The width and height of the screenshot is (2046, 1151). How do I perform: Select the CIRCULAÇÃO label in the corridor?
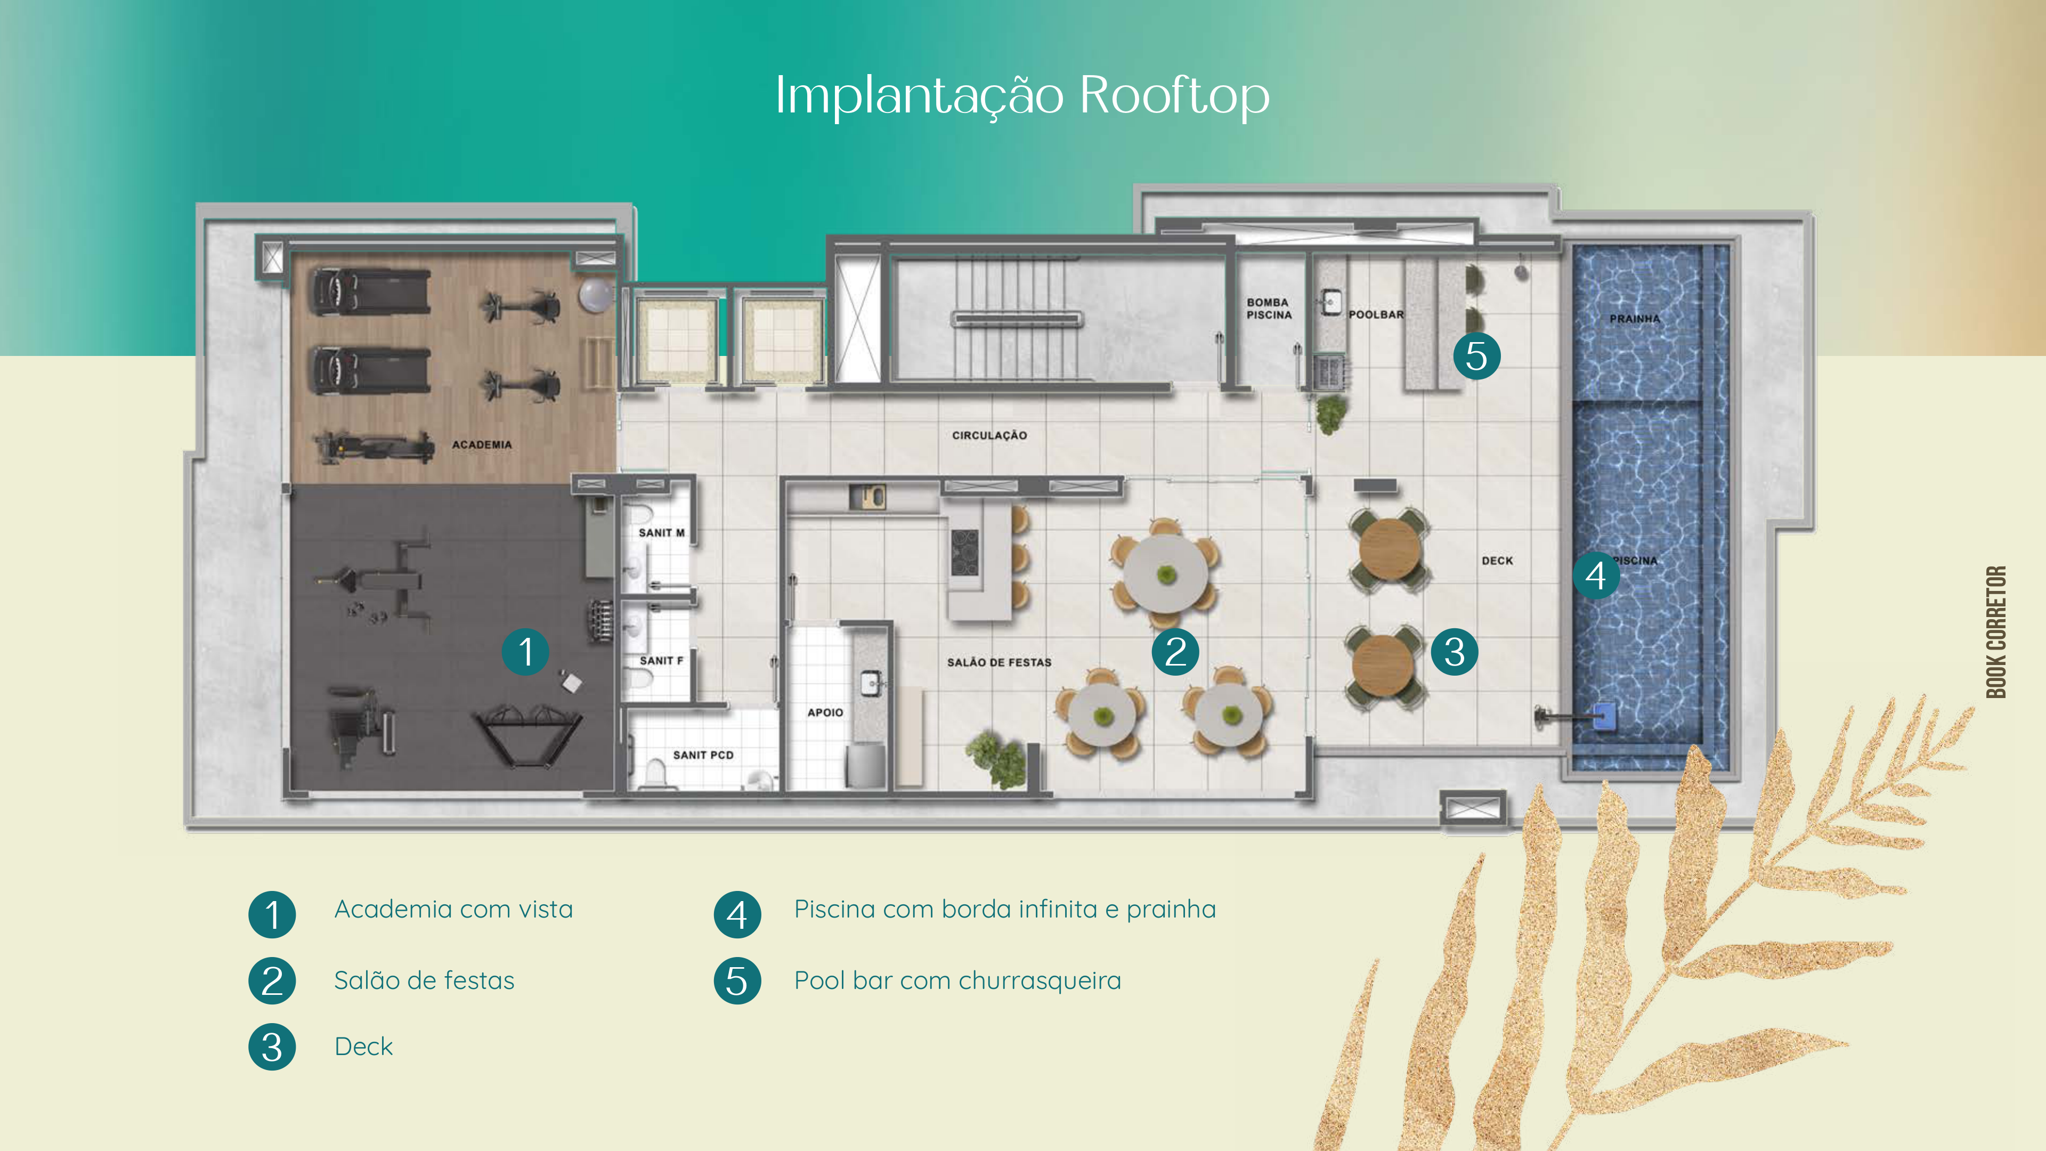pos(989,435)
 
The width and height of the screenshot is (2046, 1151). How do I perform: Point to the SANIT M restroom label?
pos(662,533)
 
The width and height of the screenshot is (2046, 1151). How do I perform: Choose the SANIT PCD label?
pos(703,756)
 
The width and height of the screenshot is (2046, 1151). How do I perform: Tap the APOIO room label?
pos(825,712)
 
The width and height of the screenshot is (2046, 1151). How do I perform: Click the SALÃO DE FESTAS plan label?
pos(999,662)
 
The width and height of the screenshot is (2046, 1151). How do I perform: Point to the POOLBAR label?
pos(1376,314)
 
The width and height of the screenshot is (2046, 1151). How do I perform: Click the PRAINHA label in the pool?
pos(1635,319)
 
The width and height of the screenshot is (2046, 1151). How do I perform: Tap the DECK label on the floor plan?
pos(1497,561)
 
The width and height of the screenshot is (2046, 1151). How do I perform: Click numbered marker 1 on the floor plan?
pos(525,652)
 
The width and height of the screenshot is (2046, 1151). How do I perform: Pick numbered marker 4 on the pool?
pos(1596,575)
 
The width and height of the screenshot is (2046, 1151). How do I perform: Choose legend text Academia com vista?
pos(453,910)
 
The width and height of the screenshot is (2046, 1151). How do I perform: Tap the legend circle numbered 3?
pos(272,1047)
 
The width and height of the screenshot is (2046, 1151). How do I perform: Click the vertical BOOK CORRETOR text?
pos(1996,633)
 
